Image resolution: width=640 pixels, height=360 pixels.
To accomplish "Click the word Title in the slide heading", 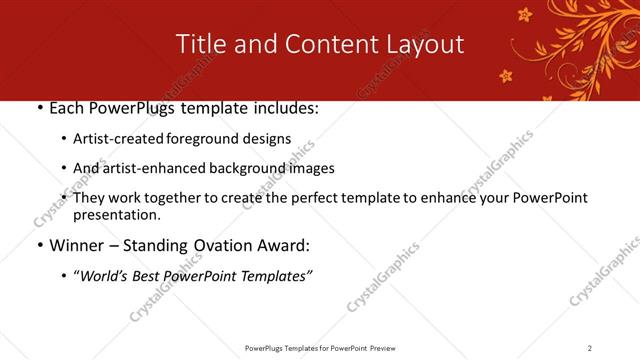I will [x=199, y=44].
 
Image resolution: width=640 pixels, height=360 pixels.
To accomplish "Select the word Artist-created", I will [x=120, y=139].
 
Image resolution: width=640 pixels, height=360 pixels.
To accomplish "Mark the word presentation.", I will [x=116, y=214].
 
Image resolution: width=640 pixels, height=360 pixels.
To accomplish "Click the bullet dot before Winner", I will [x=38, y=246].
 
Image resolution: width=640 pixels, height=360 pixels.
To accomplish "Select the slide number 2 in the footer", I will [x=590, y=347].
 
